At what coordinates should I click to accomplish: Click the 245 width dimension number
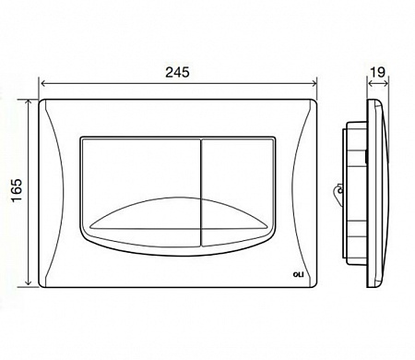point(177,73)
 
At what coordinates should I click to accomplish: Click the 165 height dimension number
point(18,190)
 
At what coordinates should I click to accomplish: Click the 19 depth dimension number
point(377,73)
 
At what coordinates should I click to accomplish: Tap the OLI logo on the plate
point(298,275)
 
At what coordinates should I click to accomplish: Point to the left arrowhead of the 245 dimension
point(43,83)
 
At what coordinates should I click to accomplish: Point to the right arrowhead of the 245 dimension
point(314,83)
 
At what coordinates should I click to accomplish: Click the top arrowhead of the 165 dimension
point(29,102)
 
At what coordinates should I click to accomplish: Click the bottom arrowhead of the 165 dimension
point(29,283)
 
